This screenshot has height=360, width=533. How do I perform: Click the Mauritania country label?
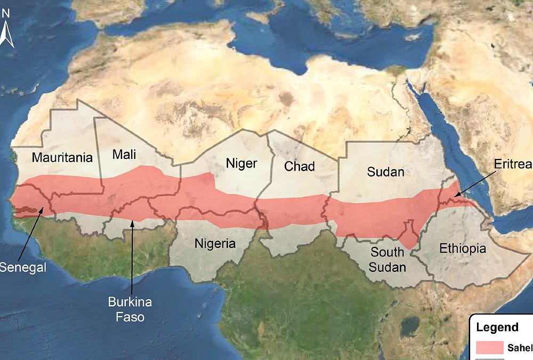[62, 158]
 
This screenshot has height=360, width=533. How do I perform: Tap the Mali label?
[124, 155]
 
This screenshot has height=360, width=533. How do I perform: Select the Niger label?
[241, 163]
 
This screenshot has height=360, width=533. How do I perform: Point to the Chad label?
[299, 166]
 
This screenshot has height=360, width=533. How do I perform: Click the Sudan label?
[385, 172]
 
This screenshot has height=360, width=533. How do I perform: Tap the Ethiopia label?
[462, 249]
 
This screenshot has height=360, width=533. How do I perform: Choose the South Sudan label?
[388, 259]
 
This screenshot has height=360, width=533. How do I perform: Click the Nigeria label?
[215, 244]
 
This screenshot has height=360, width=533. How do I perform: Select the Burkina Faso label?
[130, 309]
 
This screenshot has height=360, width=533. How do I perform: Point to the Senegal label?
[22, 267]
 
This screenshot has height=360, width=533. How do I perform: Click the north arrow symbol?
[6, 35]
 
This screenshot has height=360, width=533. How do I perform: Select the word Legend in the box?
[497, 327]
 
